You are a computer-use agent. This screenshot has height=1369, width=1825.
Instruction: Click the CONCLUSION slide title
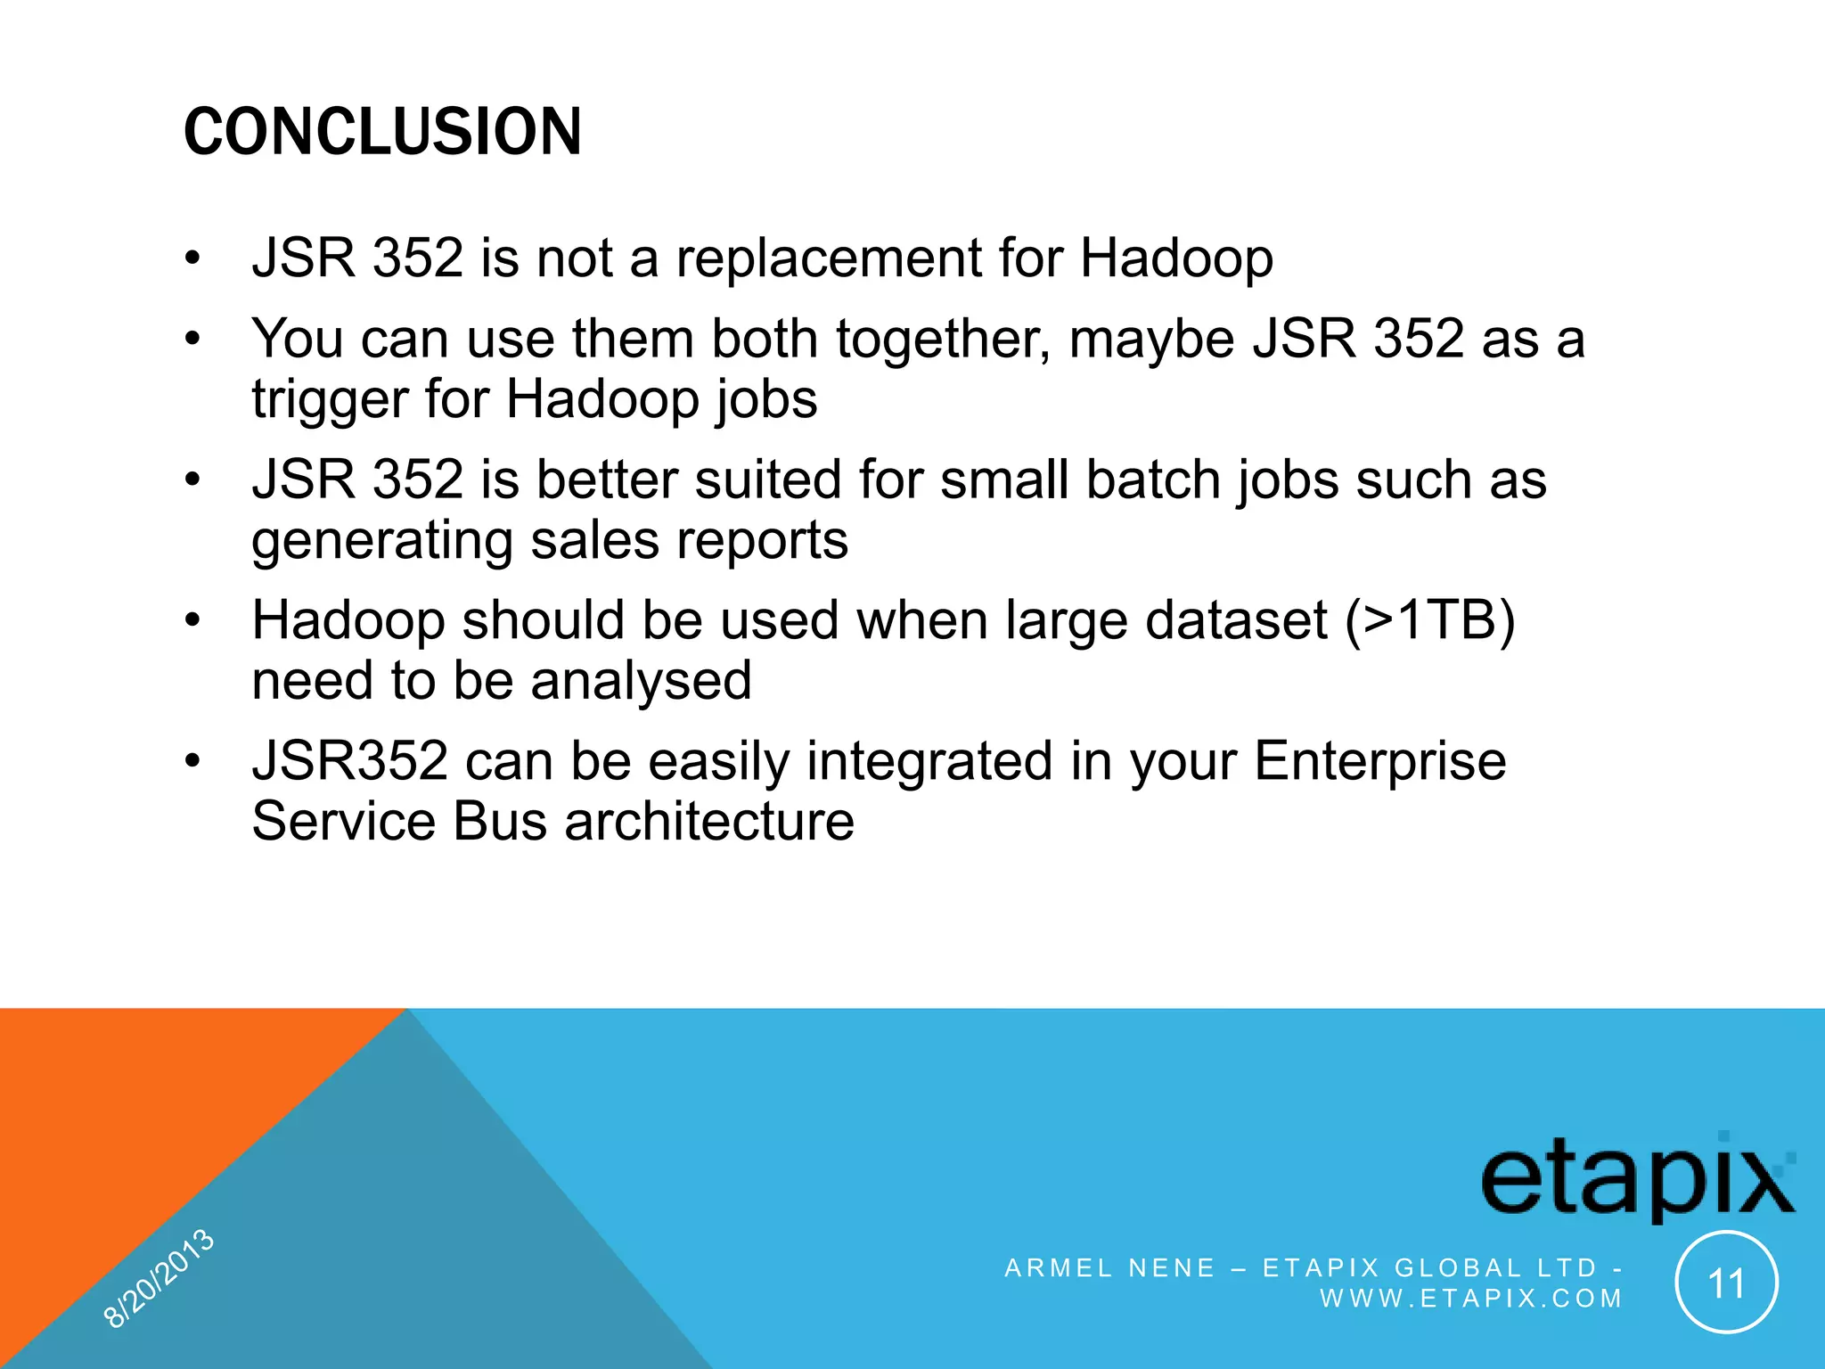coord(382,132)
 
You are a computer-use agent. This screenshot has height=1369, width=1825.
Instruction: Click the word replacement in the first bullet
coord(829,259)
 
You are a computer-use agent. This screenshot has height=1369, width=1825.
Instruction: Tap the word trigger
coord(330,399)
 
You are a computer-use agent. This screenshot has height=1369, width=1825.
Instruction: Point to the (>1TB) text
coord(1429,620)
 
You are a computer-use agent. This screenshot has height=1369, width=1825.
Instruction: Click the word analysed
coord(641,681)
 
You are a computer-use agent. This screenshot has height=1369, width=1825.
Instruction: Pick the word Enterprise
coord(1379,761)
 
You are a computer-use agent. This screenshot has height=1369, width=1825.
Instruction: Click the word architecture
coord(709,821)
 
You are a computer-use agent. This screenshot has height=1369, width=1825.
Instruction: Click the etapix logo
coord(1637,1178)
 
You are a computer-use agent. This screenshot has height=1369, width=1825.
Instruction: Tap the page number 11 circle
coord(1726,1283)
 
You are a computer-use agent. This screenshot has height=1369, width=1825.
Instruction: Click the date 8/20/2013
coord(159,1277)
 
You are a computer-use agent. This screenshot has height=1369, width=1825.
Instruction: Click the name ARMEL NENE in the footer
coord(1109,1267)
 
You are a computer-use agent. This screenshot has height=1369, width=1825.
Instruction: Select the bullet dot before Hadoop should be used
coord(193,620)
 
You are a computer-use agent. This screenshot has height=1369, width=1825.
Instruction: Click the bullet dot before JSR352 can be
coord(193,761)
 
